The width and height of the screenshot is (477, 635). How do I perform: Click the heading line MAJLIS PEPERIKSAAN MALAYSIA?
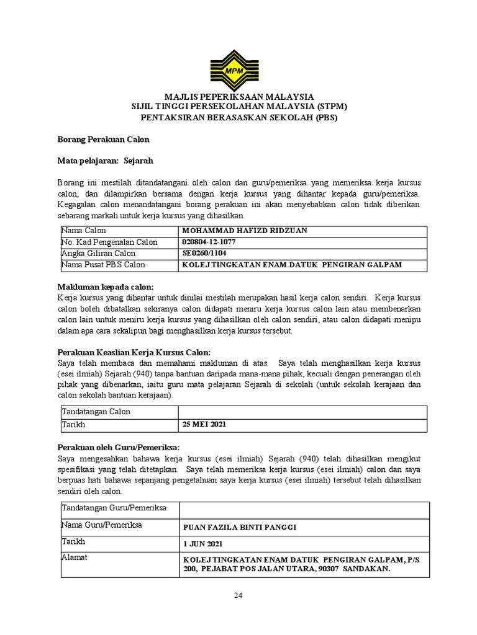(x=239, y=97)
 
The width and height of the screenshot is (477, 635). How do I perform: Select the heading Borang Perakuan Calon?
(x=103, y=140)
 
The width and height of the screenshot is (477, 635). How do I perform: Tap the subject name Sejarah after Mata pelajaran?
(x=138, y=161)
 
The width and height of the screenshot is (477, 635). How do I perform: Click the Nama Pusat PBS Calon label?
(x=102, y=265)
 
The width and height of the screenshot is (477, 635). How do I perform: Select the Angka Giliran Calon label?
(x=98, y=254)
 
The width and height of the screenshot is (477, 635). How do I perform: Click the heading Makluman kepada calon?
(x=105, y=287)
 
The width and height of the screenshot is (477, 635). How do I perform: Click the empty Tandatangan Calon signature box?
(x=302, y=412)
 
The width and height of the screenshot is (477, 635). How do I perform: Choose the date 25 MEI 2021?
(x=204, y=425)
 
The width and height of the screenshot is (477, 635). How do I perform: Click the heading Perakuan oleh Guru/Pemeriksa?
(x=119, y=447)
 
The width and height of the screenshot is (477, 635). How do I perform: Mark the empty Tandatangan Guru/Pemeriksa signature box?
(x=302, y=510)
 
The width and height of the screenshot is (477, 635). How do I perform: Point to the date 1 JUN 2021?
(x=202, y=544)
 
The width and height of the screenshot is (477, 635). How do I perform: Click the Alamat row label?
(x=75, y=557)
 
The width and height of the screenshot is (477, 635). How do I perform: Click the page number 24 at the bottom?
(x=238, y=596)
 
